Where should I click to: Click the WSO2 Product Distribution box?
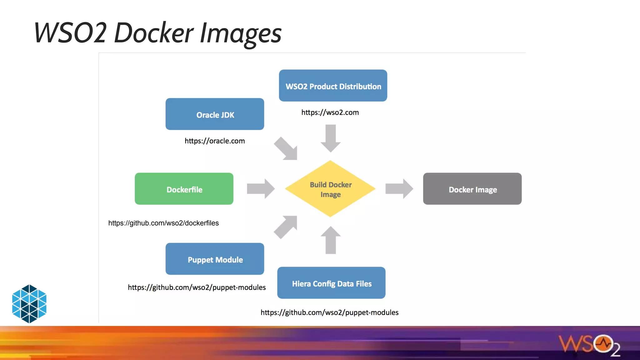(333, 86)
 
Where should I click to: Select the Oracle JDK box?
(215, 114)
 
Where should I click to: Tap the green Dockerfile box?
(184, 189)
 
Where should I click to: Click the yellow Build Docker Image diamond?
(330, 189)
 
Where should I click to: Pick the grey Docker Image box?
(472, 189)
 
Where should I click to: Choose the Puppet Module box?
(215, 259)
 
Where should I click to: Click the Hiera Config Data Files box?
(331, 283)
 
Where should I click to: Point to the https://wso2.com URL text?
(330, 112)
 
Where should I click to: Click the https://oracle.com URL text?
(215, 141)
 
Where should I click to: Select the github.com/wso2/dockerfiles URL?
(163, 223)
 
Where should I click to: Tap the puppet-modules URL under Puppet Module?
(197, 287)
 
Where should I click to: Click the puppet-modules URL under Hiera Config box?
(329, 312)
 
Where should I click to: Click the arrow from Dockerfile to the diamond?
(261, 189)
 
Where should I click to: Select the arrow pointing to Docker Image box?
(399, 189)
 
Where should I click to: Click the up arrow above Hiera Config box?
(331, 240)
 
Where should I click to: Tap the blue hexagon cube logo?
(29, 304)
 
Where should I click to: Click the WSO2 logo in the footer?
(589, 345)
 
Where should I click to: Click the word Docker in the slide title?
(154, 33)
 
